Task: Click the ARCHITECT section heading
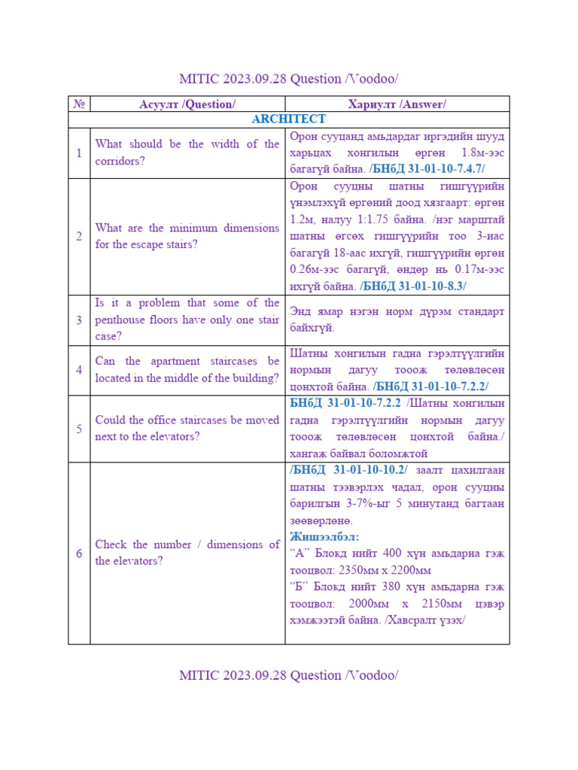289,120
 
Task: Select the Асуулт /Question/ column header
187,104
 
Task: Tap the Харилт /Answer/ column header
397,104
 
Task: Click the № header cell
78,104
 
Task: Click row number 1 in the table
78,153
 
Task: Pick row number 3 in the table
78,320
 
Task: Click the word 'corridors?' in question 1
120,161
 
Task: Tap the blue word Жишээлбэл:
324,537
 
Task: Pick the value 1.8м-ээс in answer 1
480,153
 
